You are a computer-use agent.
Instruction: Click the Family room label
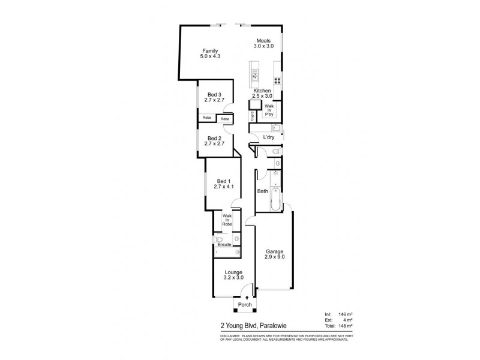click(209, 50)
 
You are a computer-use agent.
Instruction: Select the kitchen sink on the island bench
click(255, 76)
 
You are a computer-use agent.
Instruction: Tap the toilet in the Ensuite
click(237, 239)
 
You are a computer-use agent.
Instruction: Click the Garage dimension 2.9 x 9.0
click(274, 257)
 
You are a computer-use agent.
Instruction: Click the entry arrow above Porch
click(246, 298)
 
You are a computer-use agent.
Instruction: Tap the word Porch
click(245, 305)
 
